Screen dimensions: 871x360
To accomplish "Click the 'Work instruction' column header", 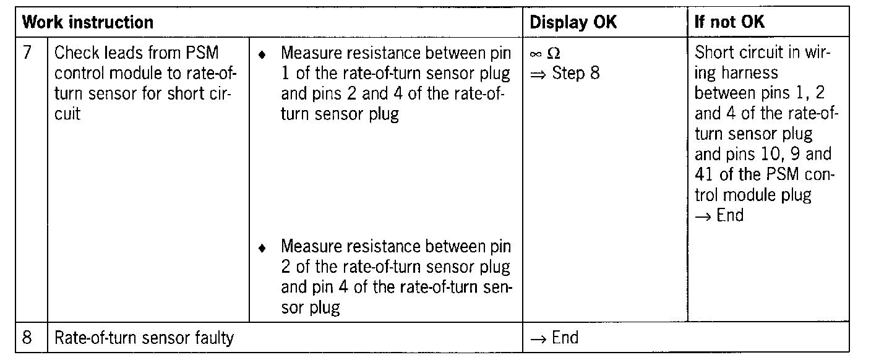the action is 88,23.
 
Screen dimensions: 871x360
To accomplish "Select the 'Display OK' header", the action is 573,23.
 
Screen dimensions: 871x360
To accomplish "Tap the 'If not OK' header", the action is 730,23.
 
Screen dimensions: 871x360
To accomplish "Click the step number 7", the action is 27,53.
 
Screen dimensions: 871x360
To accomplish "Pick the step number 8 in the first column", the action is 27,338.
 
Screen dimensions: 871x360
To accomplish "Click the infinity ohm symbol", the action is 545,54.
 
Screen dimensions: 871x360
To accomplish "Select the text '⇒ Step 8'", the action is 565,74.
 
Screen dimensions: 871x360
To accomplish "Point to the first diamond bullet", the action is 263,54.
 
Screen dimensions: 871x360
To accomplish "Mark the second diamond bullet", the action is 263,248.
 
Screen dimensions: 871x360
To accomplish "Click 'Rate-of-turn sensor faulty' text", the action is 144,338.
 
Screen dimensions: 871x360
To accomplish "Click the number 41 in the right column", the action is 705,174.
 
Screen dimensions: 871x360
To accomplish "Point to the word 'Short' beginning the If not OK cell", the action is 713,53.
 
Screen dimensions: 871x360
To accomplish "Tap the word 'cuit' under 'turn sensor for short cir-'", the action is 67,114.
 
